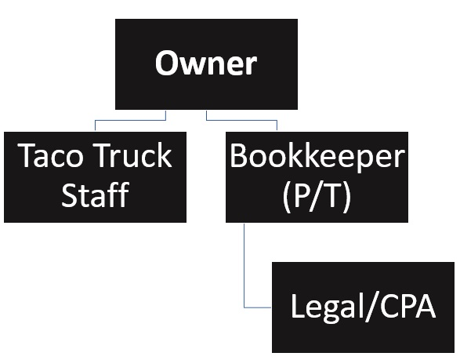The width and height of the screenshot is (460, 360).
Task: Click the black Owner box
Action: pyautogui.click(x=206, y=64)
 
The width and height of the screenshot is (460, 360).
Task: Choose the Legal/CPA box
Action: pyautogui.click(x=363, y=307)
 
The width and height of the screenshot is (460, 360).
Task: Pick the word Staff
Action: pyautogui.click(x=95, y=195)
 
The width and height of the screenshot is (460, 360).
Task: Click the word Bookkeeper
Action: pyautogui.click(x=317, y=157)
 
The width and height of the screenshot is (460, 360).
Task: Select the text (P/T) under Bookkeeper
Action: pyautogui.click(x=317, y=195)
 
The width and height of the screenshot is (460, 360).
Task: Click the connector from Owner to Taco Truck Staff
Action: pyautogui.click(x=129, y=120)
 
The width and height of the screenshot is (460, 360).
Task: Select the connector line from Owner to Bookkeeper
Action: pyautogui.click(x=241, y=120)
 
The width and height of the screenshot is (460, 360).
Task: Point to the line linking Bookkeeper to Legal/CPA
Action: pyautogui.click(x=245, y=267)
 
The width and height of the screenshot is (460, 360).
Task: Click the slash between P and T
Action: pyautogui.click(x=317, y=195)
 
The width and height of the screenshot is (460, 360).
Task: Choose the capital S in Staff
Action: pyautogui.click(x=71, y=195)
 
